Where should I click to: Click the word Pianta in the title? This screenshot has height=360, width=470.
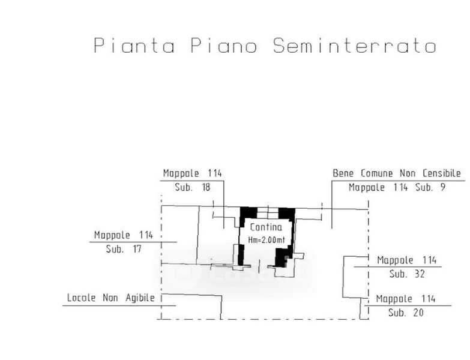pos(134,46)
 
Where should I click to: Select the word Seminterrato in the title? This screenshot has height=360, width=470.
pos(354,46)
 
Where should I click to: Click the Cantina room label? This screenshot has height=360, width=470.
pos(265,227)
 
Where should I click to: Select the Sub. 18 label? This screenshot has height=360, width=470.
pos(193,187)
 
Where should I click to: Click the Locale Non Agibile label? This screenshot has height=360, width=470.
pos(111,298)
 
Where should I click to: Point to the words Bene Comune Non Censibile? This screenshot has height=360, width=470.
pos(397,173)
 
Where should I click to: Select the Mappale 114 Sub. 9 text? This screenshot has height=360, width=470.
pos(397,187)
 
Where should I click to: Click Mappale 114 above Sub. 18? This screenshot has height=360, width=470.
pos(193,173)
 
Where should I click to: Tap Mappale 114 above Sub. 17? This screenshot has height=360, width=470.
pos(124,235)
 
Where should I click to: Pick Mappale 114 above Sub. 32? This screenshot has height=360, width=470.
pos(406,260)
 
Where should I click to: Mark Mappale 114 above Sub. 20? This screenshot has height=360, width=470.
pos(406,299)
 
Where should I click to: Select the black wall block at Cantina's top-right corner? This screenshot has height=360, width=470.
pos(287,213)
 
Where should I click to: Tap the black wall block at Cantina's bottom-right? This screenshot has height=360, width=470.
pos(280,258)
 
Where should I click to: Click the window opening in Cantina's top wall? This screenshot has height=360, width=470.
pos(268,211)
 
